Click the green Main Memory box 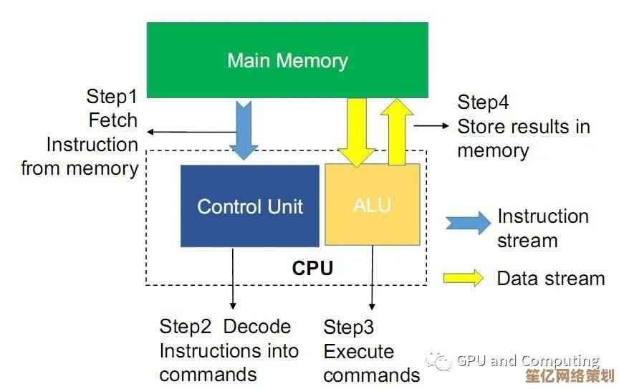point(287,60)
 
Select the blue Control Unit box point(249,206)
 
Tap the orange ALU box point(373,205)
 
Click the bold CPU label point(312,269)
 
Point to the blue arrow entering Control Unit point(244,129)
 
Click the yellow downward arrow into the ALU point(356,132)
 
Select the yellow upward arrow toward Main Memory point(396,132)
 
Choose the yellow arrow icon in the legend point(464,278)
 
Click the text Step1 point(111,96)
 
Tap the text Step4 point(483,102)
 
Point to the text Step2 point(186,327)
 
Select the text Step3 point(349,327)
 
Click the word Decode point(257,327)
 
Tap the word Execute point(359,352)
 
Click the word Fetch point(113,120)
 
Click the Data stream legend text point(550,278)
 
